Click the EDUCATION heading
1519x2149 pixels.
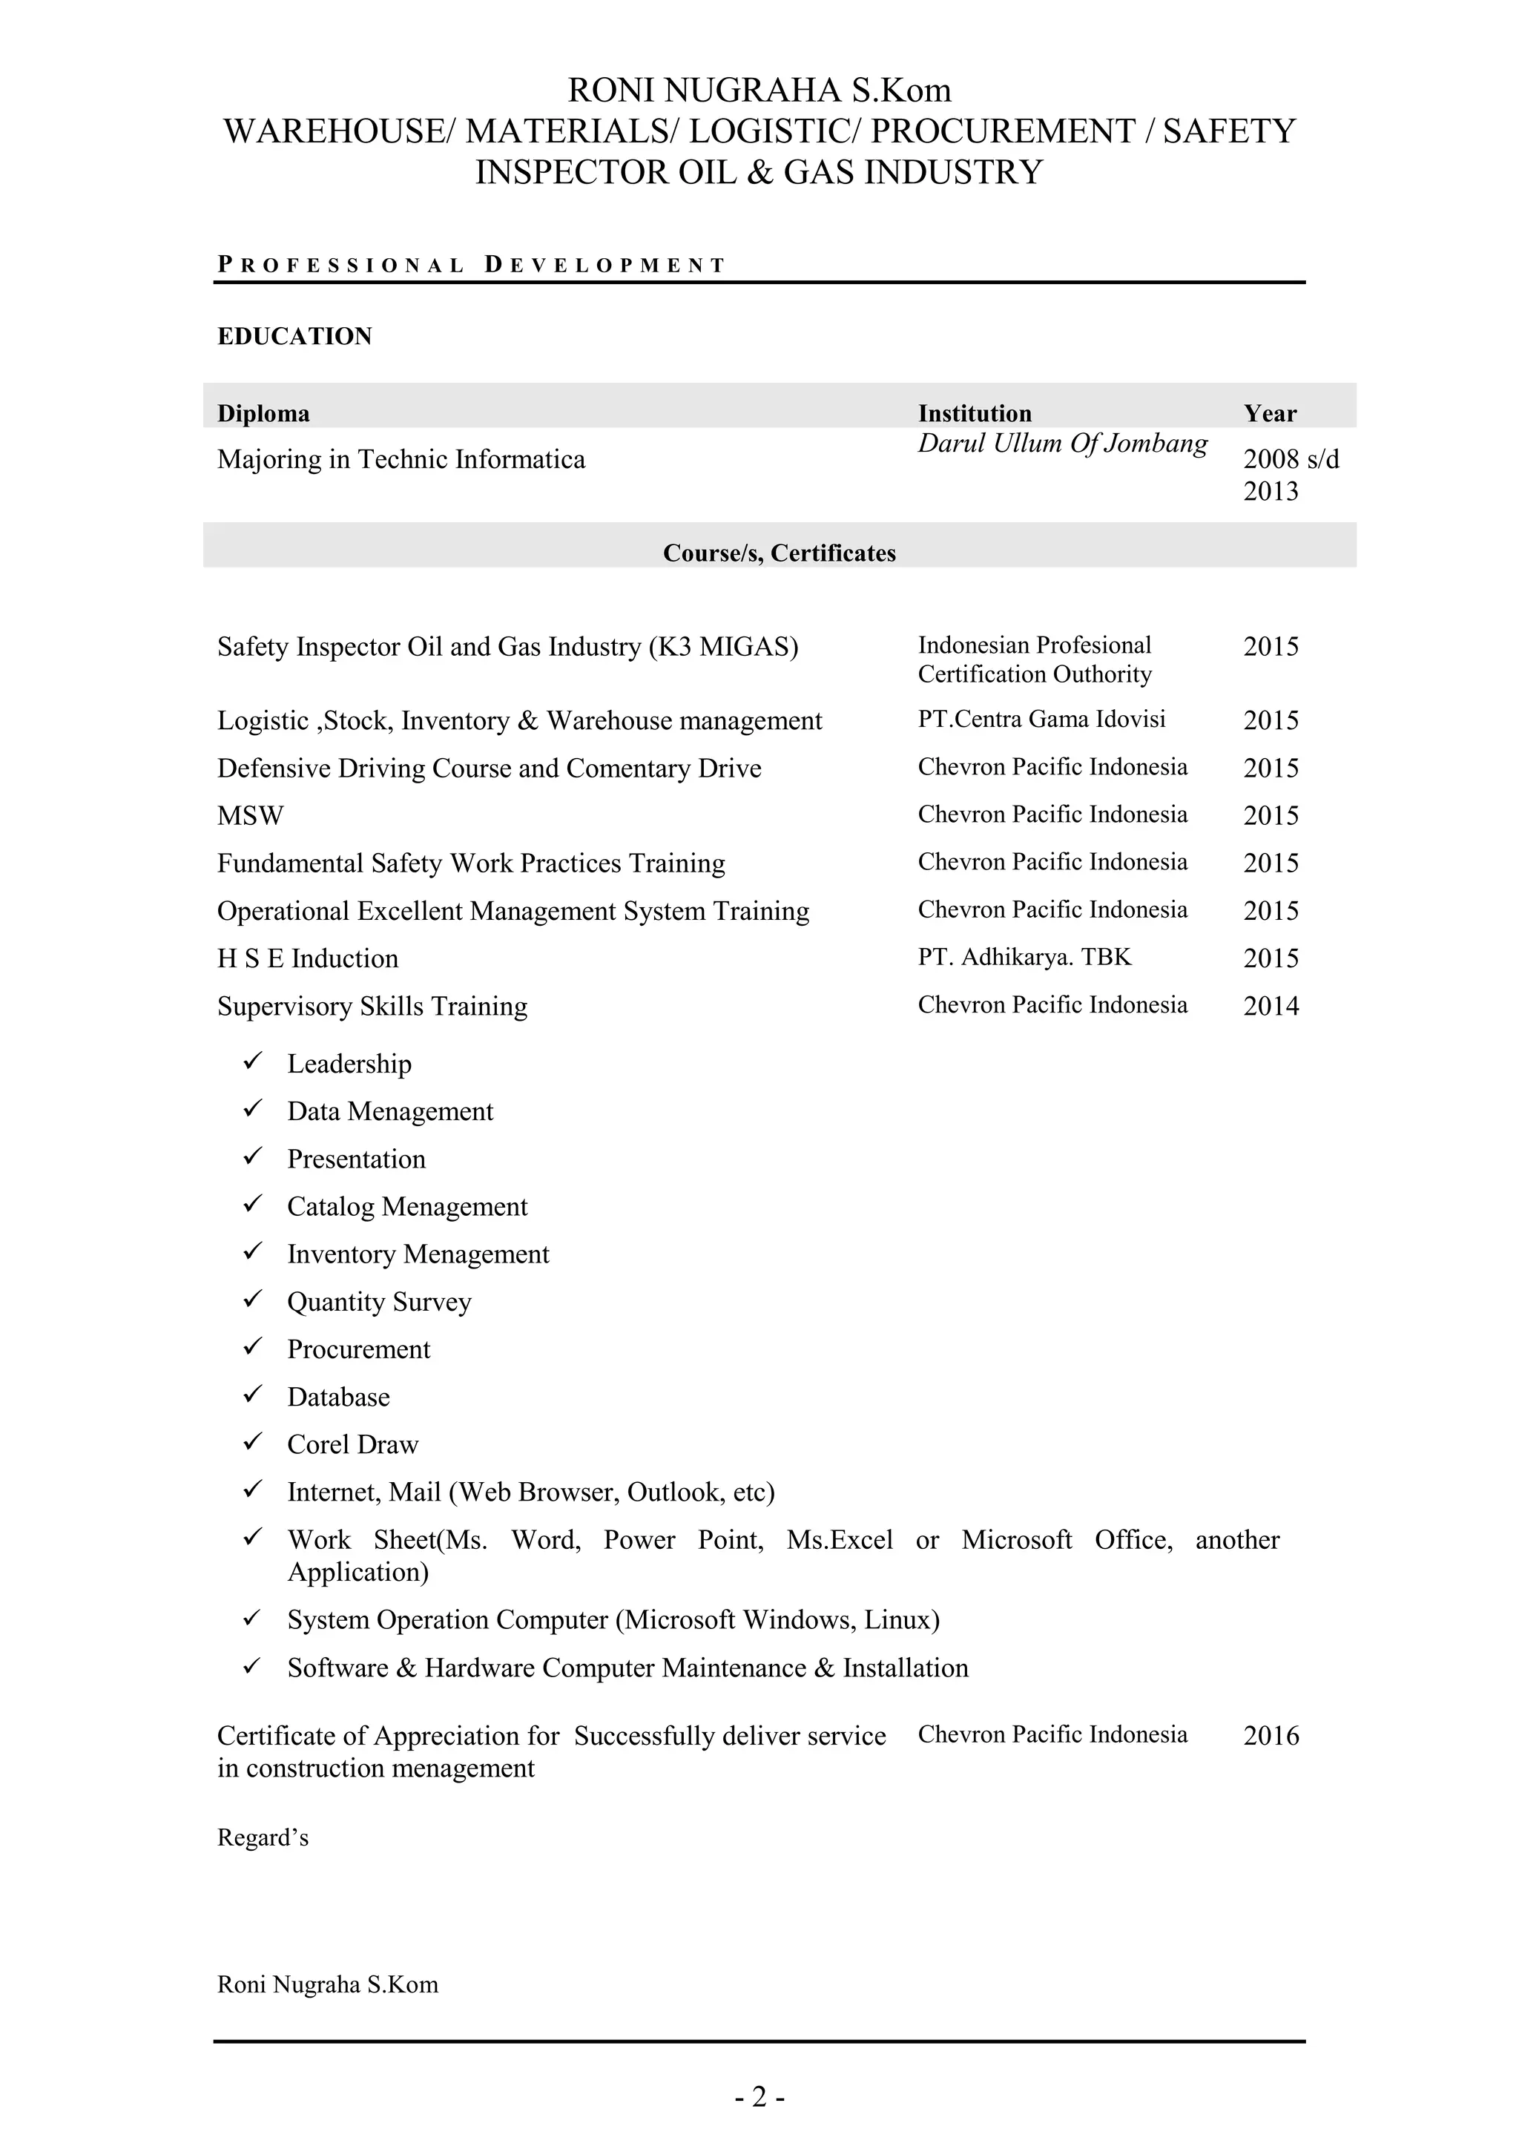pyautogui.click(x=294, y=336)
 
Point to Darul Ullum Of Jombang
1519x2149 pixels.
pyautogui.click(x=1061, y=443)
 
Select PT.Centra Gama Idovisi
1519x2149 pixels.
pyautogui.click(x=1041, y=719)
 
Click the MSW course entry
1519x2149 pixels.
pyautogui.click(x=250, y=815)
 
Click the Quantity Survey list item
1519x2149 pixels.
pyautogui.click(x=378, y=1302)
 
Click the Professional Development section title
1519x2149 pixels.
pyautogui.click(x=471, y=265)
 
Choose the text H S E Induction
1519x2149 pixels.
pyautogui.click(x=307, y=958)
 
